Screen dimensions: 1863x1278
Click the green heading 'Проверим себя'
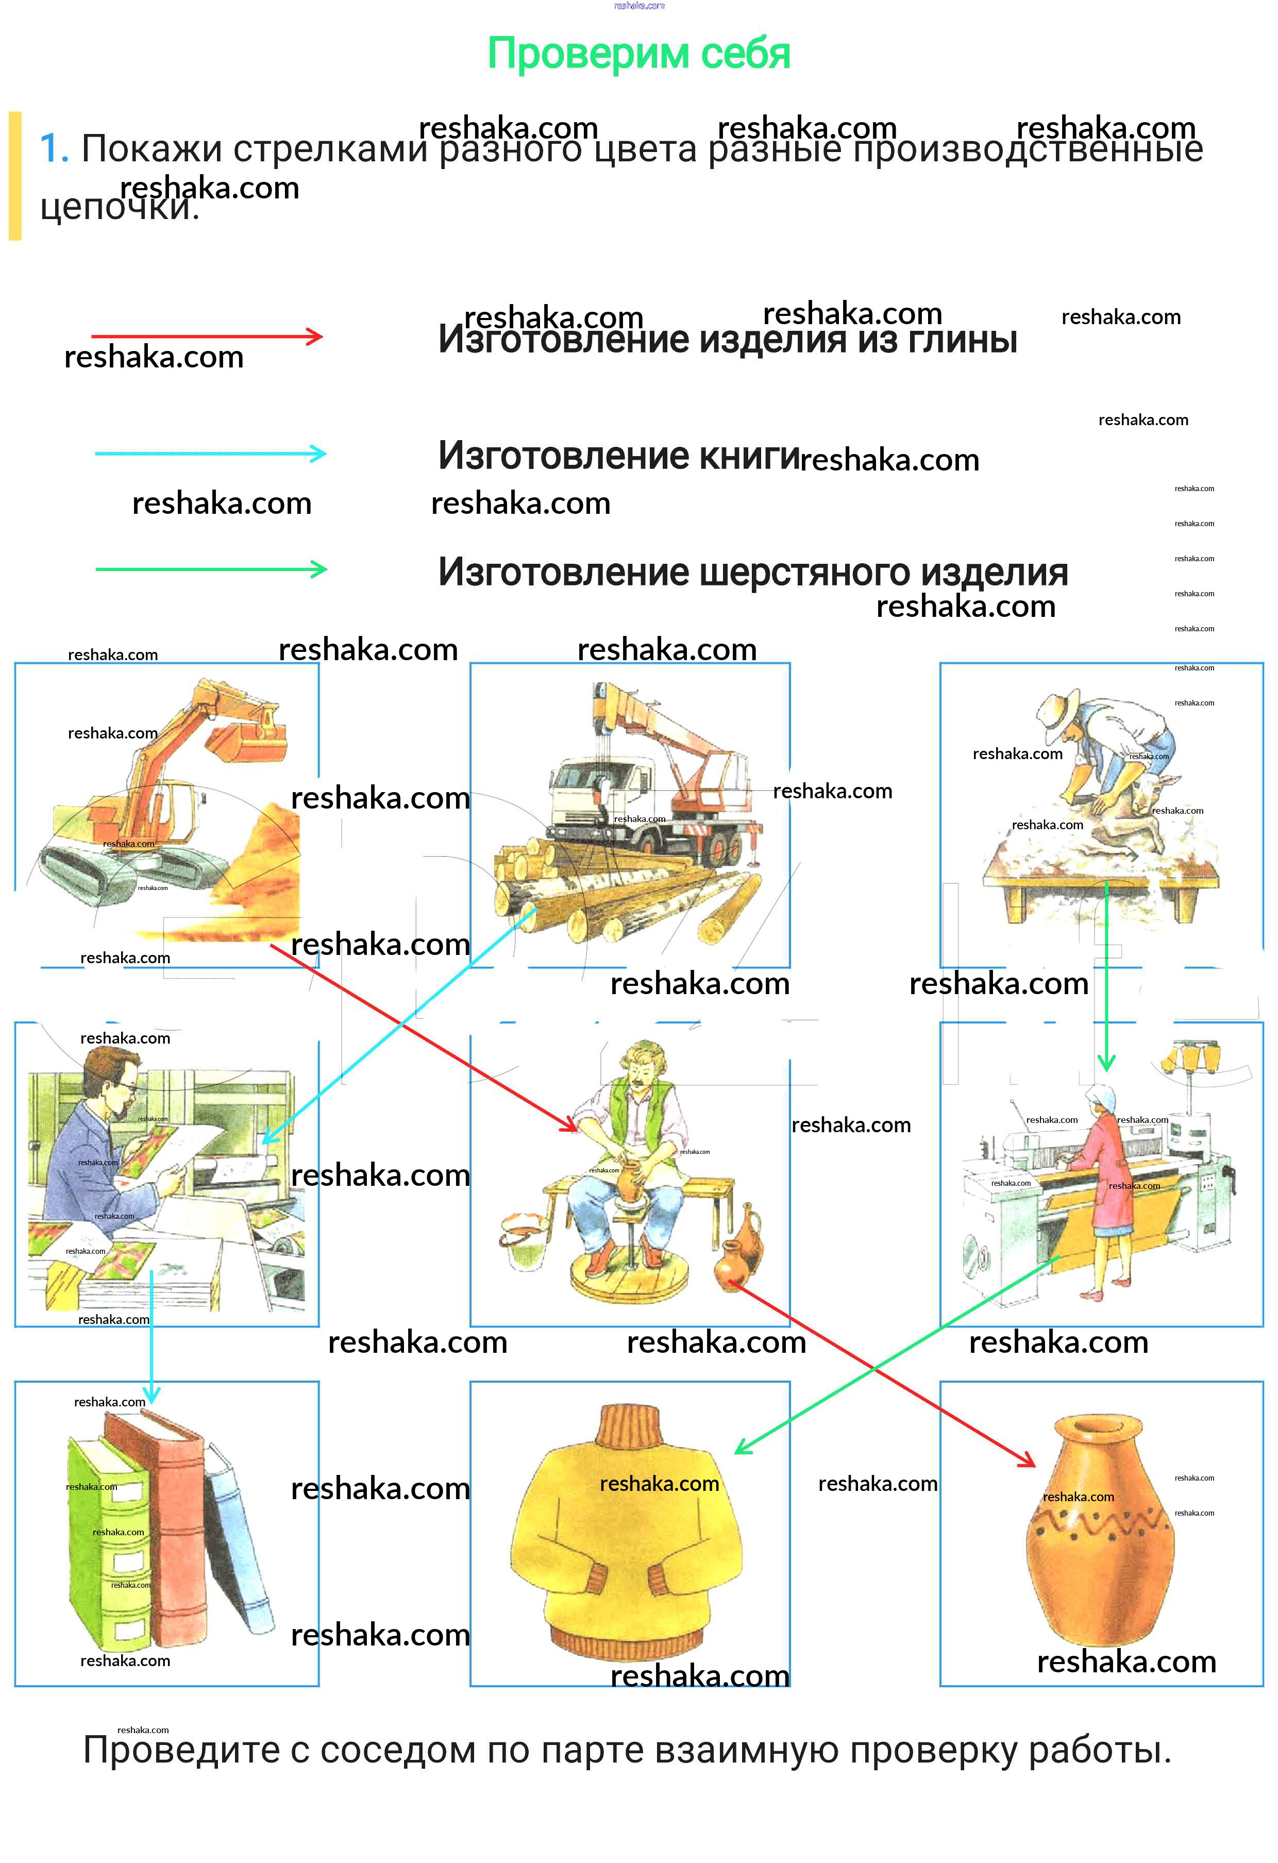tap(639, 54)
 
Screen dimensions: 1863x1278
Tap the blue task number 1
tap(53, 149)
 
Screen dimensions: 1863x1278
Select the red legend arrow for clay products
tap(207, 337)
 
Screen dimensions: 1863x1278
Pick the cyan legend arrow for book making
tap(210, 454)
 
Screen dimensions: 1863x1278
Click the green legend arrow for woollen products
tap(210, 570)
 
